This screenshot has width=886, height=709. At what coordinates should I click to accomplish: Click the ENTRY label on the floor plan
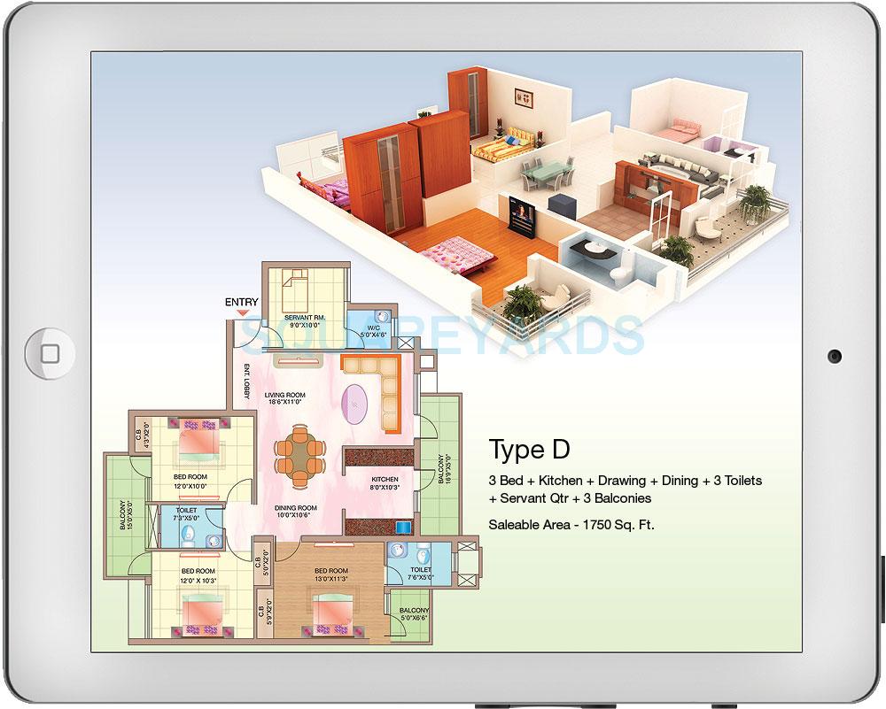tap(241, 303)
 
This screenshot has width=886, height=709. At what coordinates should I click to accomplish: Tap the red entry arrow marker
tap(241, 312)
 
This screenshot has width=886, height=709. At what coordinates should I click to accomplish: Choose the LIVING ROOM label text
tap(285, 396)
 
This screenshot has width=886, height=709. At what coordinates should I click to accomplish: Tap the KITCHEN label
tap(385, 480)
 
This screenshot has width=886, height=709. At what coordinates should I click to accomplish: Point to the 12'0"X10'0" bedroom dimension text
tap(190, 486)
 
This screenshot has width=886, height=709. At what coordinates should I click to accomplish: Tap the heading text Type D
tap(529, 450)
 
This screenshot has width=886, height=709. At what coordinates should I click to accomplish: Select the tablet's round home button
tap(51, 354)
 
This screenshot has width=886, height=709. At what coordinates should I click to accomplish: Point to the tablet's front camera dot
tap(834, 356)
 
